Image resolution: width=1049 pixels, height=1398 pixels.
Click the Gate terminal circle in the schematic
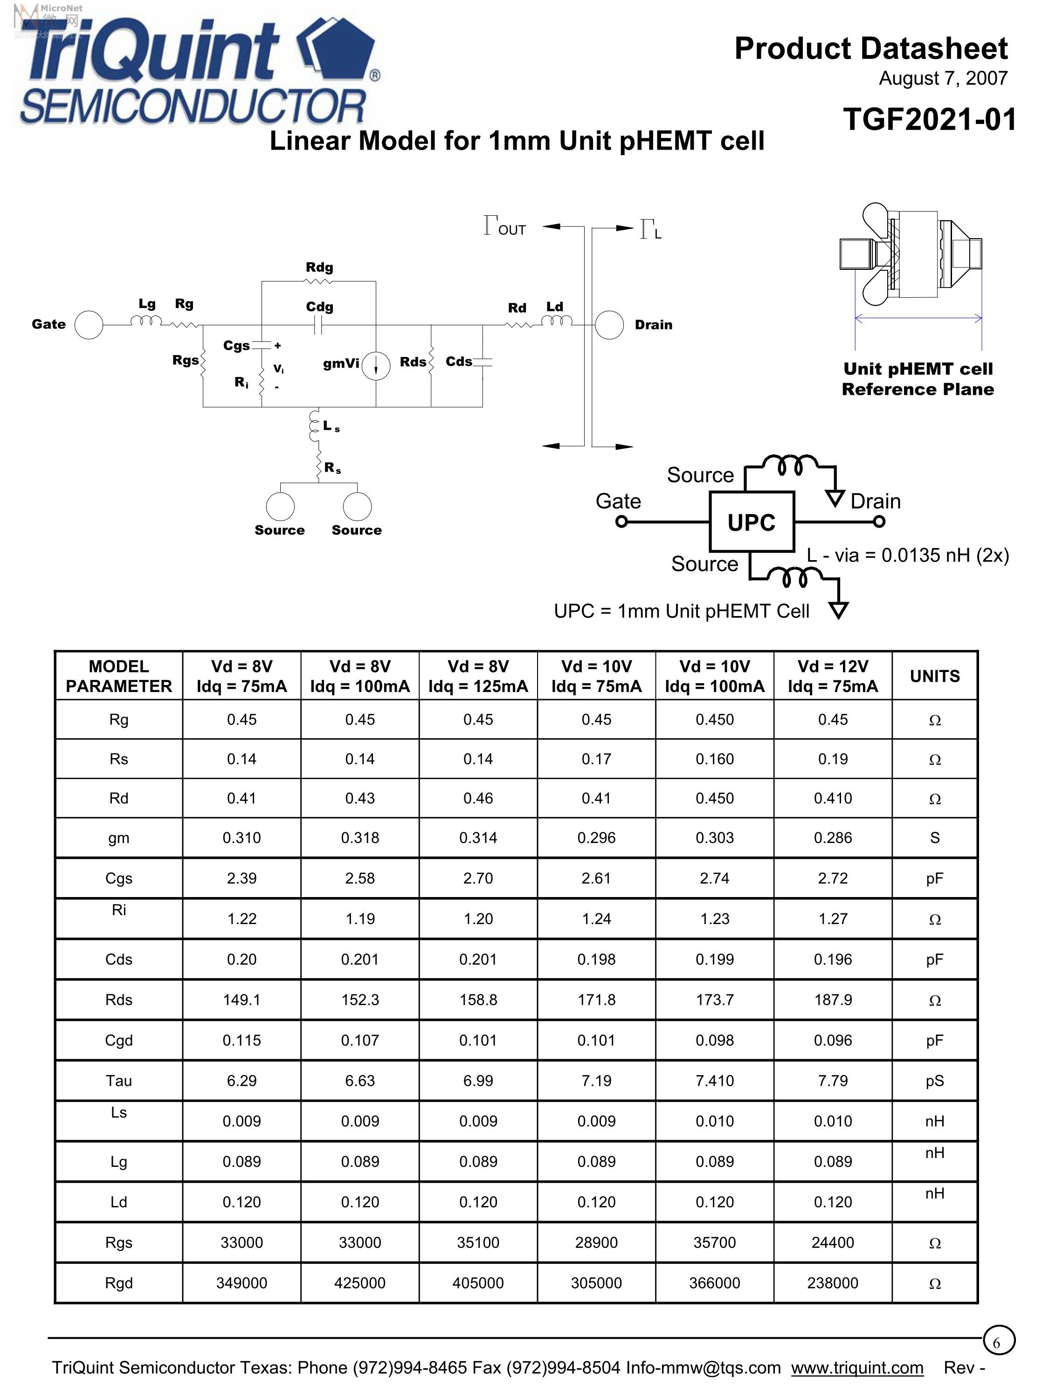tap(89, 325)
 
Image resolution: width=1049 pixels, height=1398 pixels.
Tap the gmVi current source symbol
tap(376, 365)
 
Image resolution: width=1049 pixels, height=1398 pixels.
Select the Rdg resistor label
tap(319, 267)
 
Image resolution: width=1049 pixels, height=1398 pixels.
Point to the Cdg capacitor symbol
tap(319, 325)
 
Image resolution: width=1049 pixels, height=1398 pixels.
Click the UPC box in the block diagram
tap(751, 522)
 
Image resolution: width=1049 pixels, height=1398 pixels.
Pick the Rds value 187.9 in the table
tap(833, 1000)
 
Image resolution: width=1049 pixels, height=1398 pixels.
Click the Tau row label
tap(119, 1081)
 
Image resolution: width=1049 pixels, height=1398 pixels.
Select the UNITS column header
tap(935, 676)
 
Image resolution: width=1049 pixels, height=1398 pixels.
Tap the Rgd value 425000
tap(360, 1283)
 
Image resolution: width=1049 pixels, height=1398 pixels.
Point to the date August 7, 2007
tap(943, 78)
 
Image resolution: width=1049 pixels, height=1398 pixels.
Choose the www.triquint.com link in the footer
tap(857, 1368)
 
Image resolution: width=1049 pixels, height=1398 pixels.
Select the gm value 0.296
tap(596, 838)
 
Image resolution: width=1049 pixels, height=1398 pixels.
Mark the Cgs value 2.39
tap(242, 878)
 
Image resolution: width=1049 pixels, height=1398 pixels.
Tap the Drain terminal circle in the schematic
tap(609, 325)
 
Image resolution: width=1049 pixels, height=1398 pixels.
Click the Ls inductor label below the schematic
tap(331, 426)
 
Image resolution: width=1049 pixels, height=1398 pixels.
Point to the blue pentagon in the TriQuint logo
tap(338, 53)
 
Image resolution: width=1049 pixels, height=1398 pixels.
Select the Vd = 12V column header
tap(833, 676)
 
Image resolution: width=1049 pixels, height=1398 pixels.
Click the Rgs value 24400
tap(833, 1242)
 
